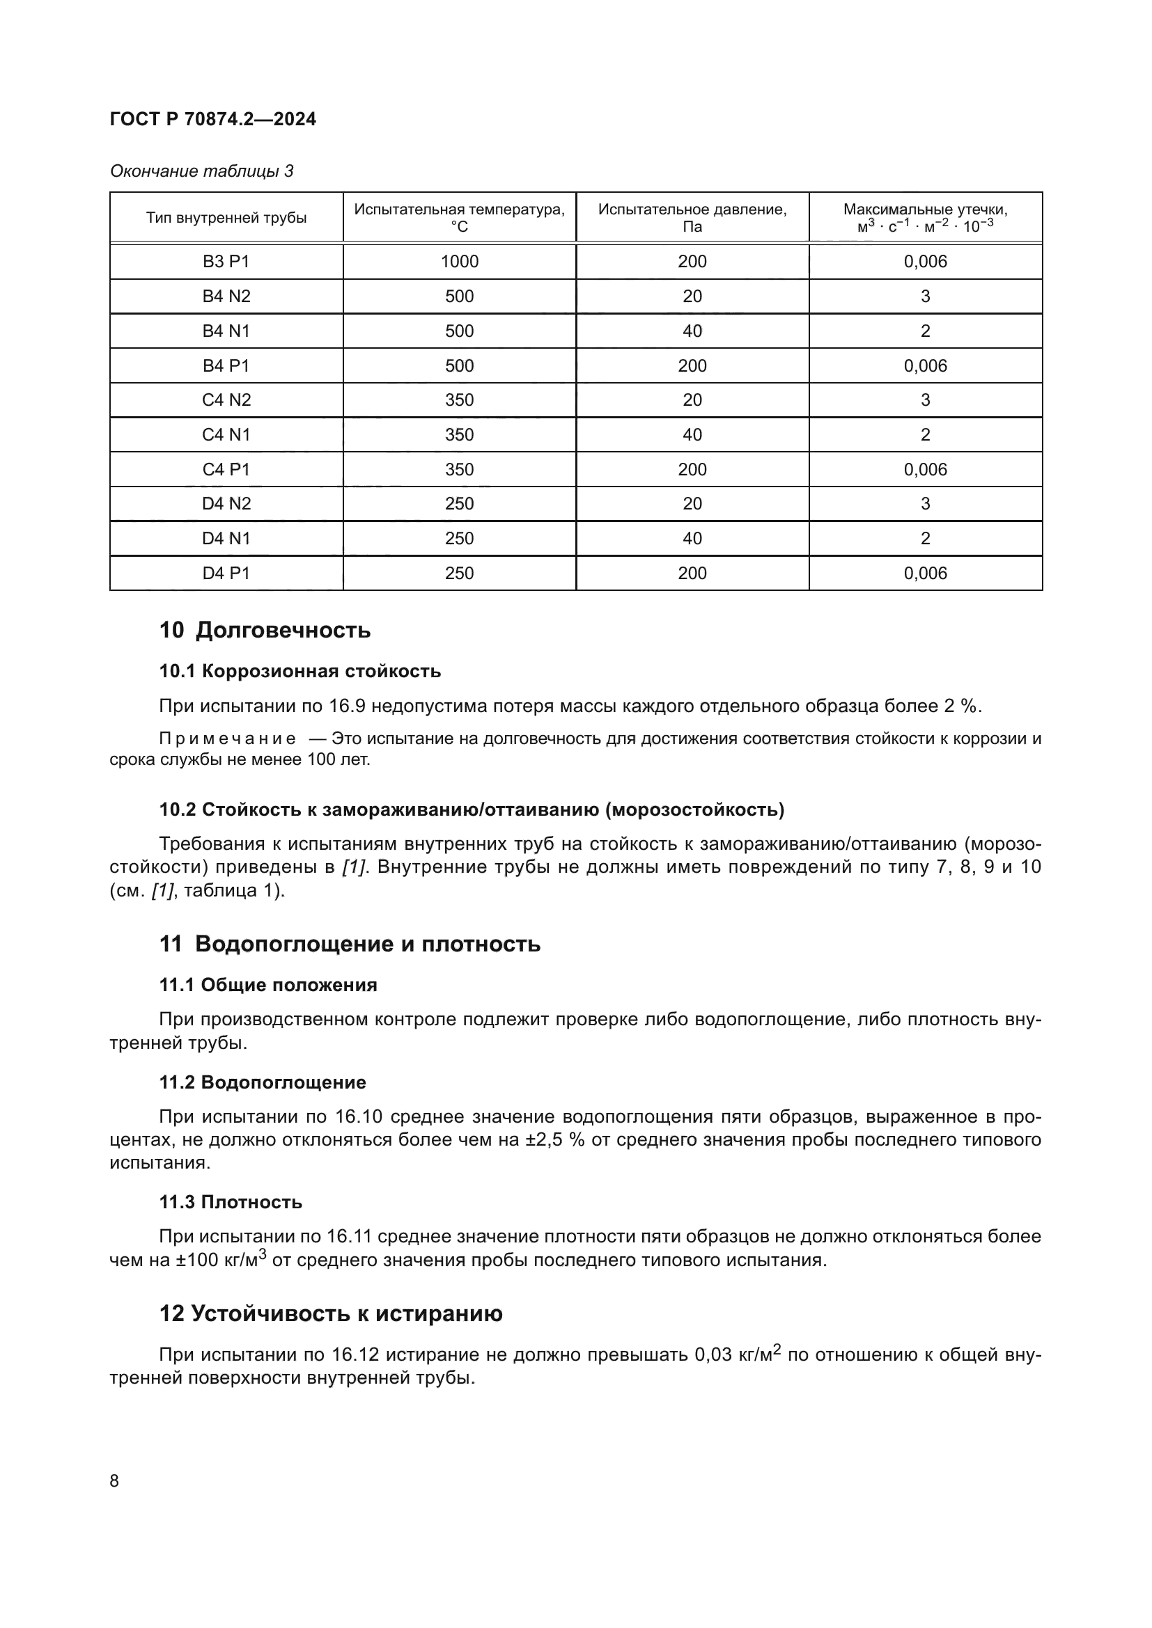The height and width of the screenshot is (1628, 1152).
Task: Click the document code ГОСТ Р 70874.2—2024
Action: pyautogui.click(x=213, y=119)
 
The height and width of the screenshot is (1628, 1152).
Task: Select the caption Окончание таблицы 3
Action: pyautogui.click(x=201, y=171)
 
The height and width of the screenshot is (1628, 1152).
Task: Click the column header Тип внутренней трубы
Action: pyautogui.click(x=226, y=218)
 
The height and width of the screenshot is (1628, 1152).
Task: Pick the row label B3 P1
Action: pyautogui.click(x=226, y=262)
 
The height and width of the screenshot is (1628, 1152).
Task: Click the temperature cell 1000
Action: pyautogui.click(x=459, y=262)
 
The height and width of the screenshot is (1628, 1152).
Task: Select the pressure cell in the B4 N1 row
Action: pyautogui.click(x=692, y=331)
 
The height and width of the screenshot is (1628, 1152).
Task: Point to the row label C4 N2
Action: pyautogui.click(x=226, y=400)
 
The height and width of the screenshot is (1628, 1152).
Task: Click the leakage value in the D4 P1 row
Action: pyautogui.click(x=925, y=573)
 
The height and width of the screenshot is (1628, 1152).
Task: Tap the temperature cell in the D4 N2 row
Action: pyautogui.click(x=459, y=503)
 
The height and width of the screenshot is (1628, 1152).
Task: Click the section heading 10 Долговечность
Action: pyautogui.click(x=265, y=630)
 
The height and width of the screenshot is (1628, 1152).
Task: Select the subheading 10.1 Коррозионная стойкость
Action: pyautogui.click(x=299, y=671)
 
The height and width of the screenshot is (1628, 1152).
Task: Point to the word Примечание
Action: pyautogui.click(x=228, y=739)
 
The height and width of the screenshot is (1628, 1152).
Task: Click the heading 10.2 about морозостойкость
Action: pyautogui.click(x=471, y=809)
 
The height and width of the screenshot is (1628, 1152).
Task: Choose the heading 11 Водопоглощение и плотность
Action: pyautogui.click(x=349, y=944)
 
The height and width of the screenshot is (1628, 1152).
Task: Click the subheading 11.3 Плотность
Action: pyautogui.click(x=231, y=1202)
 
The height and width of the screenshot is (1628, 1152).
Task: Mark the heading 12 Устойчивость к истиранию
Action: pyautogui.click(x=331, y=1313)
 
